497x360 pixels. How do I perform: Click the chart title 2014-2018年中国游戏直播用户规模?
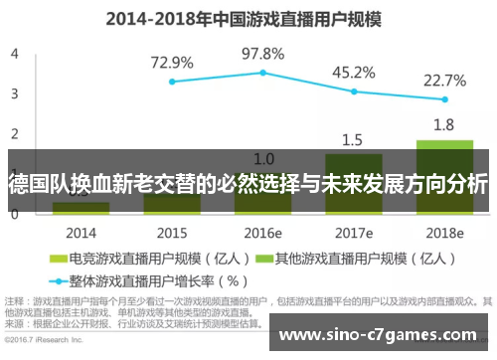pos(248,17)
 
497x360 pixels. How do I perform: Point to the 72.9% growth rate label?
pos(172,62)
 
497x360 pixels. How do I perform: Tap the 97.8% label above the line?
pos(263,53)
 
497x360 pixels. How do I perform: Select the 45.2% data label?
pos(353,72)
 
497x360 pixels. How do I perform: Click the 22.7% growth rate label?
pos(444,81)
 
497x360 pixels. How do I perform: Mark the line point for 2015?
pos(172,82)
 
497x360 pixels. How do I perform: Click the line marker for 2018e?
pos(444,99)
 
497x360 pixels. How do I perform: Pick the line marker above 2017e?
pos(353,90)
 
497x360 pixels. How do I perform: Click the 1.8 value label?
pos(444,125)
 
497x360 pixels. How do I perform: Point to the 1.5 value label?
pos(353,139)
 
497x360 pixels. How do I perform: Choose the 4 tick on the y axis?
pos(14,53)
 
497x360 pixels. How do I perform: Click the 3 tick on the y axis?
pos(14,92)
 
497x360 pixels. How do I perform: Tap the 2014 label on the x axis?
pos(81,233)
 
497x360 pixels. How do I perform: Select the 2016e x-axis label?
pos(263,233)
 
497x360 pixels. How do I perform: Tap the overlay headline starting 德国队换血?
pos(248,184)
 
